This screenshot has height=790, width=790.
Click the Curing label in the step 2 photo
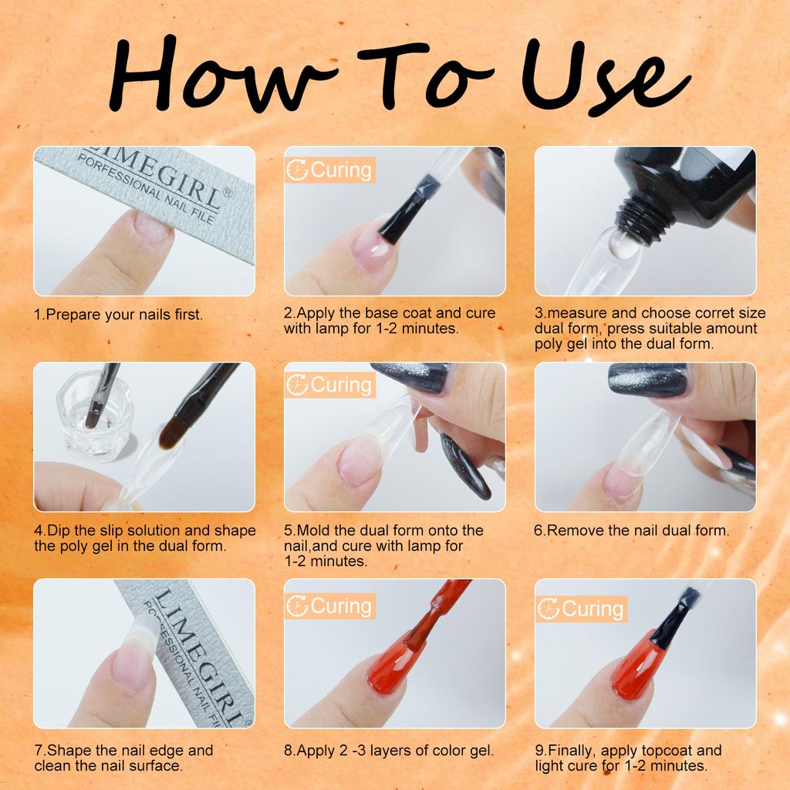(x=330, y=170)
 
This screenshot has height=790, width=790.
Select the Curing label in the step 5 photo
(x=330, y=386)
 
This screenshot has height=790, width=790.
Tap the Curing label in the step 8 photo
(x=330, y=606)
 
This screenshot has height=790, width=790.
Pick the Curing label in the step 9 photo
(x=581, y=609)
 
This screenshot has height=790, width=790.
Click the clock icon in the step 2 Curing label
(x=297, y=170)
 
